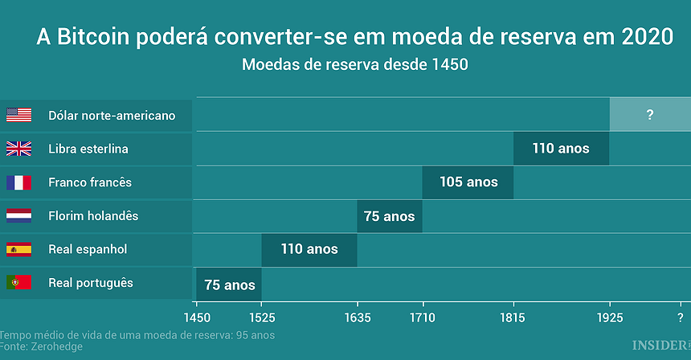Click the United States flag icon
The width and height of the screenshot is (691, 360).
[18, 115]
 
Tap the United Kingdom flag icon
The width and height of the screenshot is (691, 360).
[18, 149]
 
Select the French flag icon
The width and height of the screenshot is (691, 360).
[18, 182]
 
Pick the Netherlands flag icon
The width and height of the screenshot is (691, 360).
[18, 216]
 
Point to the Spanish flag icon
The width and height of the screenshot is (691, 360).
[18, 249]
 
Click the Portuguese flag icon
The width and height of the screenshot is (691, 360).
[18, 283]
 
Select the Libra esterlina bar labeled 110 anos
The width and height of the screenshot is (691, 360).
[561, 149]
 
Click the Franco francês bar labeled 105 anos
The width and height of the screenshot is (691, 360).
[468, 182]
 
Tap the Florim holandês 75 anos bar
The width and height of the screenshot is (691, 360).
[390, 216]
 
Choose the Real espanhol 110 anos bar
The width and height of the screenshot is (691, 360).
[309, 249]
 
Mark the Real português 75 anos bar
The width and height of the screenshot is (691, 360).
[229, 284]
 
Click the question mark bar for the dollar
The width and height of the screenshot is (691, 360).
[649, 115]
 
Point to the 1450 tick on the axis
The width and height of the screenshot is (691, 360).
[196, 317]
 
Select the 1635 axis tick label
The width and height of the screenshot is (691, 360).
[357, 317]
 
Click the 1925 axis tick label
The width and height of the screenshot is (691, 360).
[609, 317]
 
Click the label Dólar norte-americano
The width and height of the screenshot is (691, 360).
[112, 116]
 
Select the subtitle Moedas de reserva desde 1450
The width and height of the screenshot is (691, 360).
[354, 65]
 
